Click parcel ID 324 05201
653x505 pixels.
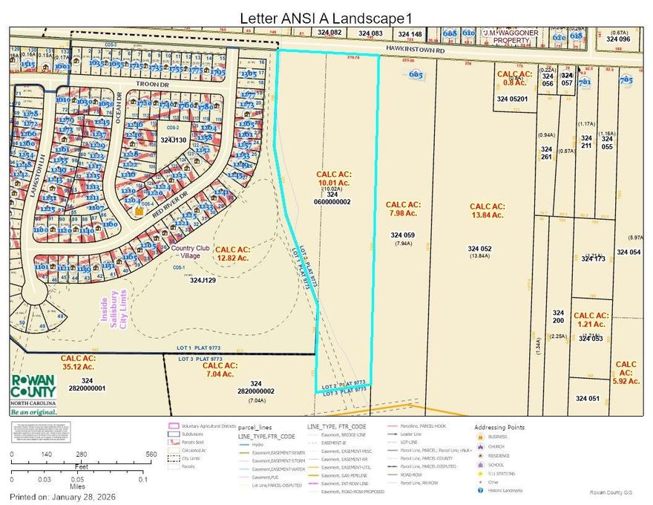click(x=512, y=99)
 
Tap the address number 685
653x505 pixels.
click(x=416, y=74)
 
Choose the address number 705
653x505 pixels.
click(x=626, y=79)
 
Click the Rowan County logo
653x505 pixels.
click(x=33, y=392)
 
